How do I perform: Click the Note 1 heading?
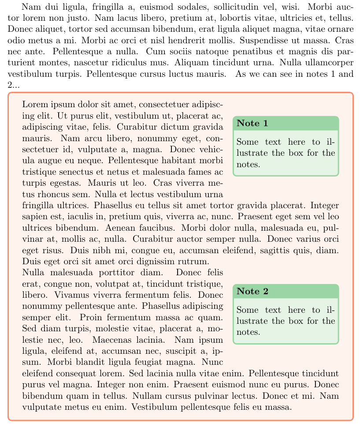tap(252, 123)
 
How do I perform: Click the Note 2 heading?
tap(252, 292)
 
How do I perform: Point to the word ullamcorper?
tap(326, 63)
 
